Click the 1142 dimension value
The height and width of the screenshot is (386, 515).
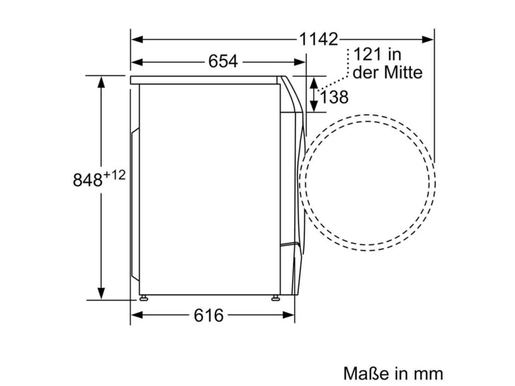318,39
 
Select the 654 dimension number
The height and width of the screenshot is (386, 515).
223,61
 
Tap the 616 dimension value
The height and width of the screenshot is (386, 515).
209,315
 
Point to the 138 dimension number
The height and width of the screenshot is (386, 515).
334,97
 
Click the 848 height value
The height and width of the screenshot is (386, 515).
87,180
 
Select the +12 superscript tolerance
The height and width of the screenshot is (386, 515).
114,175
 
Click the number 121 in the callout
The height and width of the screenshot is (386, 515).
367,54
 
